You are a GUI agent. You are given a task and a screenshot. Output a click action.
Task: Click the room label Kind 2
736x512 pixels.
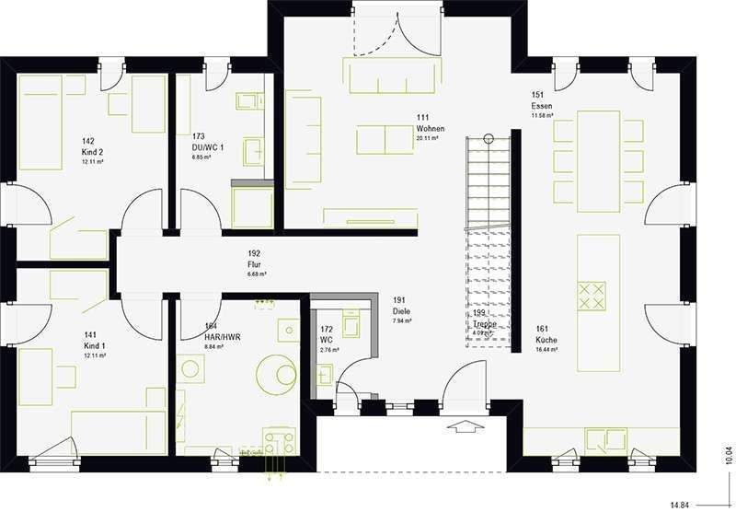point(93,152)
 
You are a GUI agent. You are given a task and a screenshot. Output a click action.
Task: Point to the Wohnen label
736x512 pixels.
point(430,129)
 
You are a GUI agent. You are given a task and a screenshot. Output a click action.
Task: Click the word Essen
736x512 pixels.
point(542,106)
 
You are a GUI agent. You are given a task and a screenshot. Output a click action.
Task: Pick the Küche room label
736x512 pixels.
point(546,340)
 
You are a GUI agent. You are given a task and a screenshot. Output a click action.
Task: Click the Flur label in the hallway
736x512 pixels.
point(255,264)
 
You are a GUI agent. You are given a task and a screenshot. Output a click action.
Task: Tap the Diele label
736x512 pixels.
point(401,311)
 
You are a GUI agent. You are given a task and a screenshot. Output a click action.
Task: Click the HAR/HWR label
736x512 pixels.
point(224,336)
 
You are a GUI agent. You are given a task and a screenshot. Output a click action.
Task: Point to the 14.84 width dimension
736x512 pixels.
point(679,504)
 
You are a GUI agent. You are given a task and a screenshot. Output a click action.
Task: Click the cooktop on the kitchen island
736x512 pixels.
point(591,296)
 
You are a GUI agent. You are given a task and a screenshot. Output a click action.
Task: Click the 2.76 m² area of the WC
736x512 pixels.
point(329,350)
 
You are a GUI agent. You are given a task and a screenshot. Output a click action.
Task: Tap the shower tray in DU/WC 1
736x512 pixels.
point(252,206)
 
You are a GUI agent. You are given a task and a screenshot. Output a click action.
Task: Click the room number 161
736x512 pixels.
point(542,328)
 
